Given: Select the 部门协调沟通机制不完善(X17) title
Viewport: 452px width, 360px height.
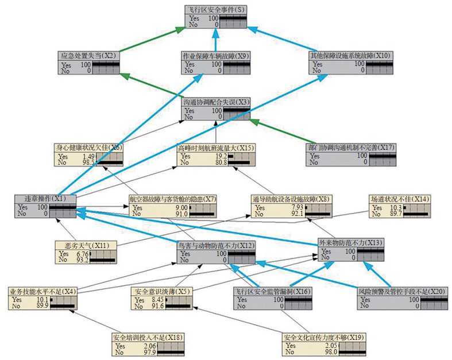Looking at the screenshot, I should (x=350, y=148).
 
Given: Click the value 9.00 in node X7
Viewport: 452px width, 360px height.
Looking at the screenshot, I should (x=180, y=207).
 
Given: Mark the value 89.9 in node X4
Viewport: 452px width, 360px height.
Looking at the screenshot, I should (x=41, y=305).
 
